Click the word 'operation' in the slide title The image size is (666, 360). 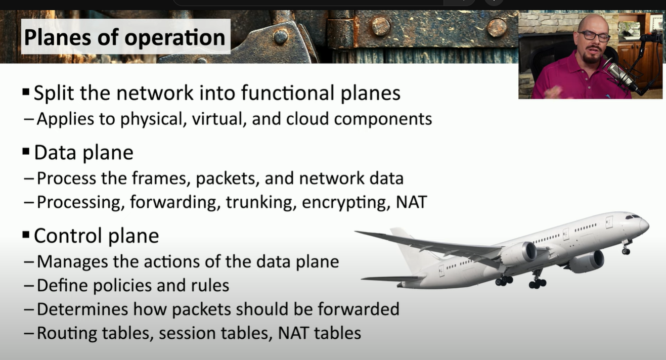point(175,38)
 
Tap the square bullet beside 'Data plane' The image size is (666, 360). point(26,152)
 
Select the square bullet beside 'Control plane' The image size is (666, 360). point(26,235)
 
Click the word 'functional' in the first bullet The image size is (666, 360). point(288,93)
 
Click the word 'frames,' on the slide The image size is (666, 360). point(161,178)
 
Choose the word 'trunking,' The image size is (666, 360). point(261,203)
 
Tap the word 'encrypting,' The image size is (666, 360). point(346,203)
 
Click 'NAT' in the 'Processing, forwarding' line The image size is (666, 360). point(412,202)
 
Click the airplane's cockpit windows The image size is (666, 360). point(633,217)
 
